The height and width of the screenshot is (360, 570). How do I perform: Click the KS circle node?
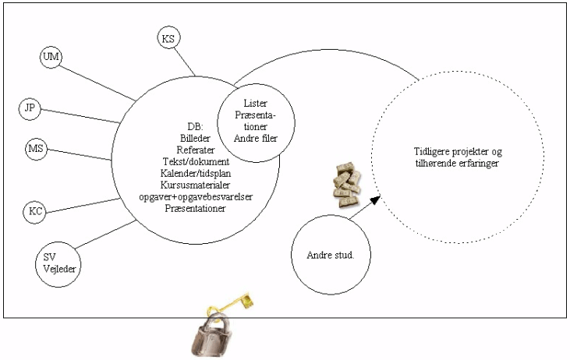168,38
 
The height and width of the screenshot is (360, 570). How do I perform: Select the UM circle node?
51,57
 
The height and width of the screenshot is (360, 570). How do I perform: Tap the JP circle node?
31,108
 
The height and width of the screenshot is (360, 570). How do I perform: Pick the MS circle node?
35,148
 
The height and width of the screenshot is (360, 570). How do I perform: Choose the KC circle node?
35,211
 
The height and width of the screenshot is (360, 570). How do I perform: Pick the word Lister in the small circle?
256,103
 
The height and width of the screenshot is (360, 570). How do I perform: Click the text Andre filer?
256,139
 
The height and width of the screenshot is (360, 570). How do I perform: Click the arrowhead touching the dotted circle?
374,200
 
